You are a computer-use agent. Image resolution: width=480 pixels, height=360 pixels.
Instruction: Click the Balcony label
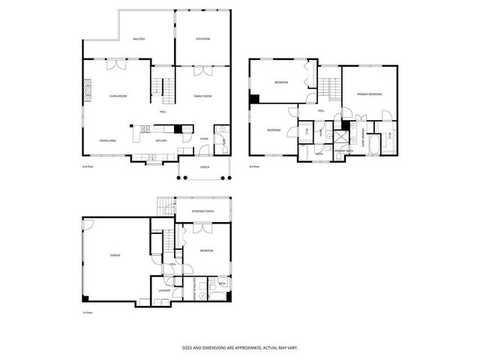click(x=139, y=39)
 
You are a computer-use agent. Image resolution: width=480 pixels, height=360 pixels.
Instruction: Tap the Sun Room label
click(x=202, y=38)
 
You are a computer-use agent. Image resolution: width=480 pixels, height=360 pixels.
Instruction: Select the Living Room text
click(x=118, y=96)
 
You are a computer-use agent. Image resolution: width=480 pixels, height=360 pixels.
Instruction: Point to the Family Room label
click(x=202, y=96)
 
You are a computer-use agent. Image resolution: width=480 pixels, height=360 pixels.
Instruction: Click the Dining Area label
click(x=108, y=140)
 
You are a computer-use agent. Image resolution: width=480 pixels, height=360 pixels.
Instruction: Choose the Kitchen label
click(x=160, y=140)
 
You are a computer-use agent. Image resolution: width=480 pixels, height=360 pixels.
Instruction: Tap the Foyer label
click(x=204, y=139)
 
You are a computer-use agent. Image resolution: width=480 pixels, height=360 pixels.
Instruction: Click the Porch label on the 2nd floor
click(x=204, y=166)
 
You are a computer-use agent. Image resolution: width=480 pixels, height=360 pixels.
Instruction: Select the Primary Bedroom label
click(x=369, y=94)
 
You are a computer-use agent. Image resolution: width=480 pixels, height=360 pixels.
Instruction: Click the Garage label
click(x=115, y=256)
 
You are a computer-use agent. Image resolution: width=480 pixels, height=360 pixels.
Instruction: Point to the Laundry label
click(x=164, y=290)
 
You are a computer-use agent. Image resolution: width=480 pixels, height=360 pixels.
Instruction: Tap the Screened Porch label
click(x=204, y=211)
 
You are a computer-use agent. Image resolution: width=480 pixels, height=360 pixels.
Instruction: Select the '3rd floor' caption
click(x=256, y=166)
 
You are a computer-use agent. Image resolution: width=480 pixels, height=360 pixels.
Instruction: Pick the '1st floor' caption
click(x=88, y=311)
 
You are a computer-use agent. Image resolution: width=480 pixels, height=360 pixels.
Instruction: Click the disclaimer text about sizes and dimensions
click(x=239, y=347)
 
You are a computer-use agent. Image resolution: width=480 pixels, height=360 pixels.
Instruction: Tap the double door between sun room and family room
click(x=202, y=72)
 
